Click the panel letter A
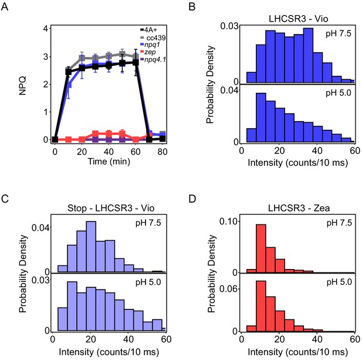5,6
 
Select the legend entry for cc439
153,38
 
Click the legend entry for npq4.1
153,60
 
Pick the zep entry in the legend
148,52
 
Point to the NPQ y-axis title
23,86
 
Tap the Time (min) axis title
109,162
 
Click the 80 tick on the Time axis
163,152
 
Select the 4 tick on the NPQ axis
46,29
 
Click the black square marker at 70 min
149,140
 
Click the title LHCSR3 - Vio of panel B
298,19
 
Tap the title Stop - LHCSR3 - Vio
111,208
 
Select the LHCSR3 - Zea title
299,208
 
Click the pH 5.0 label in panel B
339,93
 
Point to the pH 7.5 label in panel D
339,223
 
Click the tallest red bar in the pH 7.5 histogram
261,248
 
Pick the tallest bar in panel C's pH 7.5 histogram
91,247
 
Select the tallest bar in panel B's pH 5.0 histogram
261,117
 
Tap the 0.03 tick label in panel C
40,280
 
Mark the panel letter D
192,198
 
